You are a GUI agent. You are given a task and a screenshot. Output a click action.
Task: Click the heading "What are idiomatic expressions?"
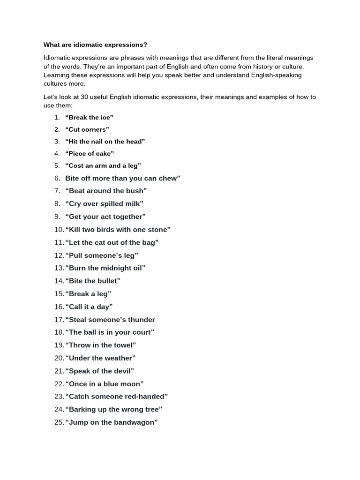pos(95,45)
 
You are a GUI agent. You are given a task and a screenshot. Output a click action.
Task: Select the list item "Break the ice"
pos(89,117)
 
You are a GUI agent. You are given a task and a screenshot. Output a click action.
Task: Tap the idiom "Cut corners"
pos(87,129)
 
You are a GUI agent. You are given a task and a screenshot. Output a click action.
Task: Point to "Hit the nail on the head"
pos(105,142)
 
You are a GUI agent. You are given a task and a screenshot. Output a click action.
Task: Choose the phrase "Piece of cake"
pos(90,154)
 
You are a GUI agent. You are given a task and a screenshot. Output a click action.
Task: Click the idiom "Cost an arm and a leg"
pos(103,165)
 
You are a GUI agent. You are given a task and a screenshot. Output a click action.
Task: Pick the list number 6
pos(57,178)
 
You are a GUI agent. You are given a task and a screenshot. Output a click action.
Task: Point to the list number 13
pos(59,268)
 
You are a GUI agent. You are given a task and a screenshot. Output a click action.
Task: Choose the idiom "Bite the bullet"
pos(93,281)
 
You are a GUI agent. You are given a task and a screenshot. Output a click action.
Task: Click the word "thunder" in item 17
pos(142,320)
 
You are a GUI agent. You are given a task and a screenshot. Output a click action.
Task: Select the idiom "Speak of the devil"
pos(100,371)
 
